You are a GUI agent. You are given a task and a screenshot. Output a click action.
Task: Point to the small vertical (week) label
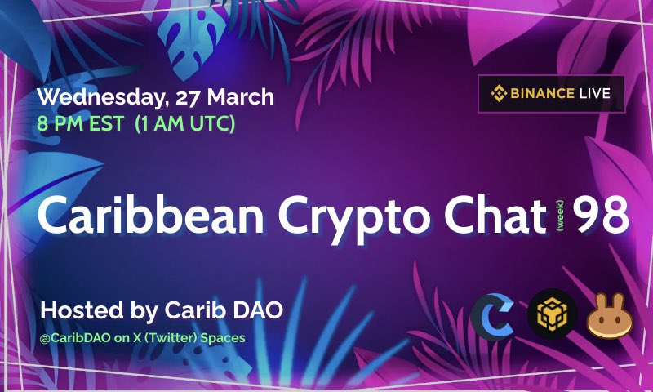point(560,216)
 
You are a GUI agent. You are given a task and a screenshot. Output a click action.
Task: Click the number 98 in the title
point(599,215)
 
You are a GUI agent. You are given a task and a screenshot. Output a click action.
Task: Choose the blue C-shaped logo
point(492,315)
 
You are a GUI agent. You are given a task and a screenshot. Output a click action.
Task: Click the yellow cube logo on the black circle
point(552,315)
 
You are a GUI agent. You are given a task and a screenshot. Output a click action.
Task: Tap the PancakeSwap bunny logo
point(611,315)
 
